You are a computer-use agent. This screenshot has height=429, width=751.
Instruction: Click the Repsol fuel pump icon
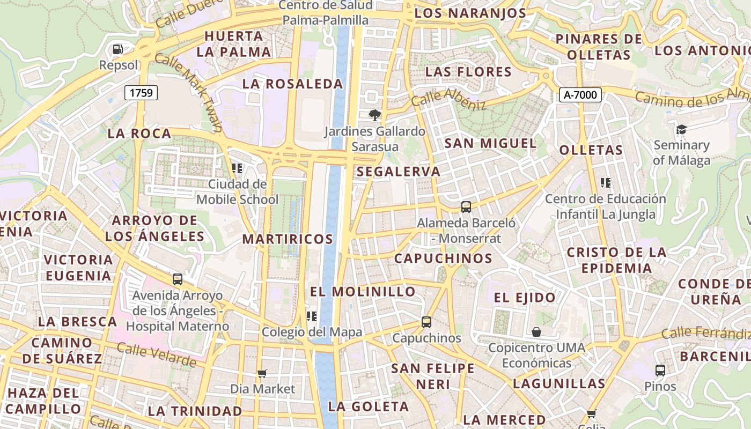pyautogui.click(x=117, y=49)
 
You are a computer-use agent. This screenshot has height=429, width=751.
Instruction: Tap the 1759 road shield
pyautogui.click(x=141, y=93)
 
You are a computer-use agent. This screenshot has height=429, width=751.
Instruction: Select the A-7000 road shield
pyautogui.click(x=580, y=95)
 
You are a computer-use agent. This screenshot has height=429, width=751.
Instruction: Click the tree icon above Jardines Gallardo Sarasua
pyautogui.click(x=374, y=115)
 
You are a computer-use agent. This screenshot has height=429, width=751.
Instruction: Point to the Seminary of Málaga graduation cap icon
pyautogui.click(x=681, y=129)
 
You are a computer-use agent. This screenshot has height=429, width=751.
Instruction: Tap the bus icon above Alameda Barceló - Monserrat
pyautogui.click(x=466, y=206)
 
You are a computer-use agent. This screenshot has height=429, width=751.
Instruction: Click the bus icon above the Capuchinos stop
pyautogui.click(x=426, y=322)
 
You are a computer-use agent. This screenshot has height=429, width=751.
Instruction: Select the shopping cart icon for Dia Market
pyautogui.click(x=262, y=373)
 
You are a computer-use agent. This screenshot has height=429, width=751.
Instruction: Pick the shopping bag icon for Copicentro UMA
pyautogui.click(x=536, y=332)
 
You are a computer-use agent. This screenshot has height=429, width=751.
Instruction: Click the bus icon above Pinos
pyautogui.click(x=660, y=370)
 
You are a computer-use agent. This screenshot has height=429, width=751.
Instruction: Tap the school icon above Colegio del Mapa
pyautogui.click(x=311, y=316)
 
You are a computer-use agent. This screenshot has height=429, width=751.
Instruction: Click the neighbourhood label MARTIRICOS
pyautogui.click(x=288, y=239)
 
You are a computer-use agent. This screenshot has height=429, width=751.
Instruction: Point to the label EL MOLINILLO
pyautogui.click(x=363, y=292)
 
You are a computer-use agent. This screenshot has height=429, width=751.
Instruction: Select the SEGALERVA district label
pyautogui.click(x=398, y=172)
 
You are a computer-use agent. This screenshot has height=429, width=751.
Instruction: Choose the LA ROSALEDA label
pyautogui.click(x=292, y=84)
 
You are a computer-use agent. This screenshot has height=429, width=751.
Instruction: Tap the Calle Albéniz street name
pyautogui.click(x=448, y=98)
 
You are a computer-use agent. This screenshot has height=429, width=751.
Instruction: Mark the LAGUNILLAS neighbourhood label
pyautogui.click(x=559, y=383)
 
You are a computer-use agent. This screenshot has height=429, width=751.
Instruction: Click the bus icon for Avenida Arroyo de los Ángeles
pyautogui.click(x=177, y=279)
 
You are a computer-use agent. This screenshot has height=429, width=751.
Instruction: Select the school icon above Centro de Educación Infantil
pyautogui.click(x=606, y=183)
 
